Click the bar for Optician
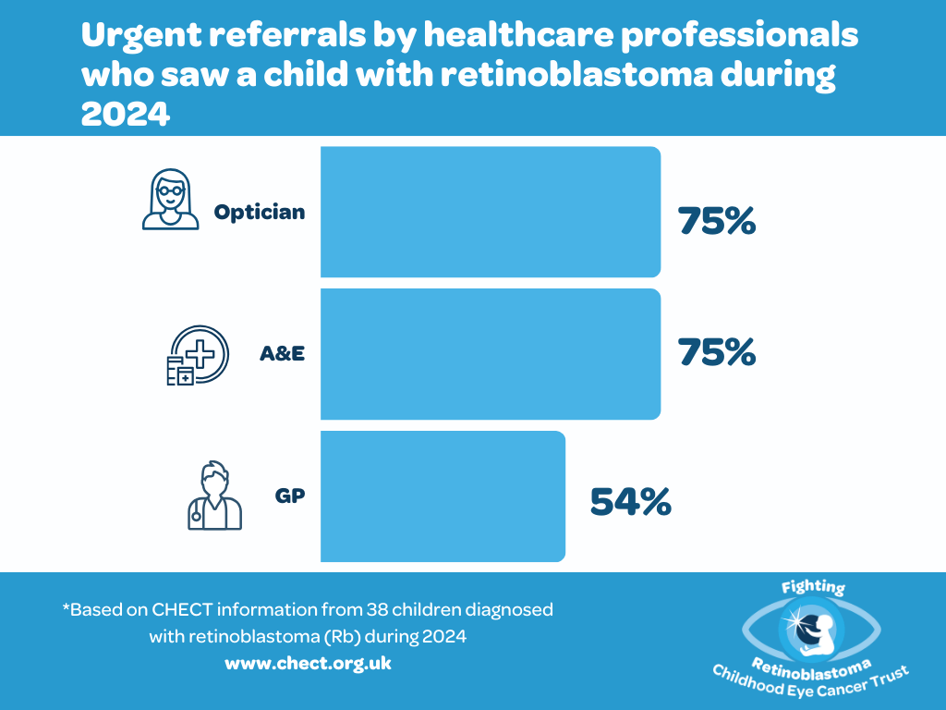tap(491, 212)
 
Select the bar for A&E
tap(491, 354)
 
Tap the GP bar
tap(443, 496)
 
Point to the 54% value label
tap(630, 502)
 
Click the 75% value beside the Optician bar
tap(717, 221)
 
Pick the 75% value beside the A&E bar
tap(717, 352)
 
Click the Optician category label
tap(260, 213)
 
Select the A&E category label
tap(282, 354)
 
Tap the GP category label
tap(290, 496)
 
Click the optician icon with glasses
tap(170, 199)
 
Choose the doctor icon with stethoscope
tap(214, 496)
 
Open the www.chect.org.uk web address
tap(308, 664)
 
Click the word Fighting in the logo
tap(812, 588)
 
